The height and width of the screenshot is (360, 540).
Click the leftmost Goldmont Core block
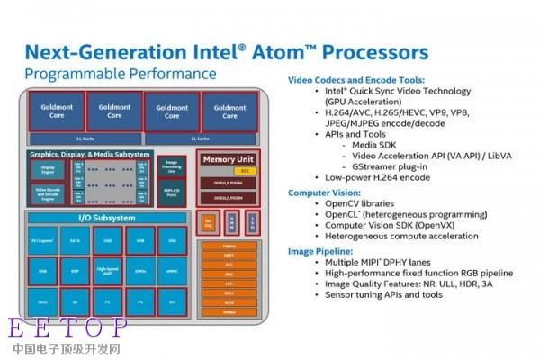point(56,111)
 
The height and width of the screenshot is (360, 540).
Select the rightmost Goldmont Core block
point(228,111)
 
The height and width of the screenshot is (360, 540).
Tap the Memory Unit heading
point(229,159)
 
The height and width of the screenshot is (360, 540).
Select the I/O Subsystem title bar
point(106,219)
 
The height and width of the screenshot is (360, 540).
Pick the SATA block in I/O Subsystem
point(76,241)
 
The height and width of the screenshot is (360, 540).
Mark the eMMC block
point(171,269)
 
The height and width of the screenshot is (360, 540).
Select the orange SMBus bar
point(229,311)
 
